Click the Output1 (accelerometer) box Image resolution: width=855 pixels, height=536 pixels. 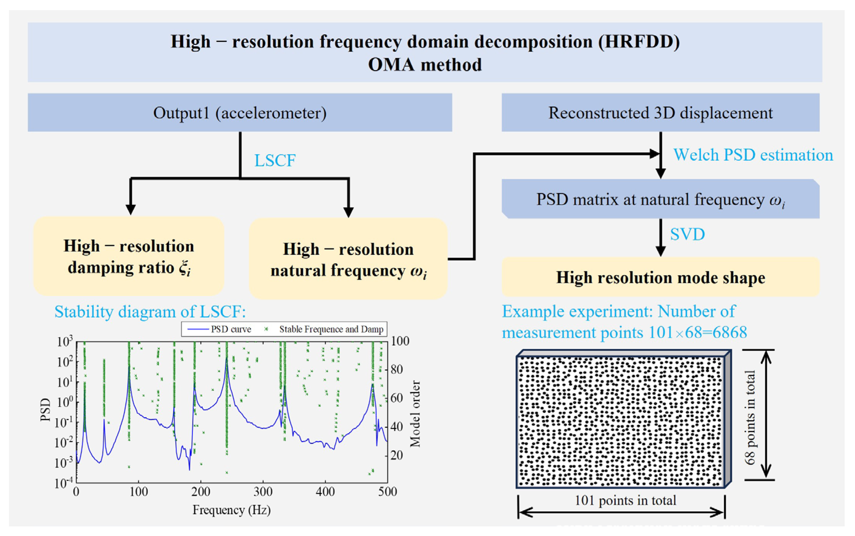(x=240, y=113)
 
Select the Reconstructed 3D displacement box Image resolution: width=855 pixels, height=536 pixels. (x=660, y=113)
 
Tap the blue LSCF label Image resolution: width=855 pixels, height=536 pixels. (x=275, y=160)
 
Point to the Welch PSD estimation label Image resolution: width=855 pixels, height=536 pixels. (x=753, y=155)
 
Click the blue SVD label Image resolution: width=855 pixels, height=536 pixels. (x=687, y=234)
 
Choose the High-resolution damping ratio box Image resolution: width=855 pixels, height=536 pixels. (x=129, y=256)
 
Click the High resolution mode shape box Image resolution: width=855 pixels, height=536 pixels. (x=660, y=277)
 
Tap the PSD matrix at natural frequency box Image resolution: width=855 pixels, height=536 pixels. (x=660, y=199)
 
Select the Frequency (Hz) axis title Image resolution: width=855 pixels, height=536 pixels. (x=232, y=510)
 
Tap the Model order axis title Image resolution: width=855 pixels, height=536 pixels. (x=415, y=414)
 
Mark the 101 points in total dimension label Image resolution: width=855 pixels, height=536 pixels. (x=625, y=501)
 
